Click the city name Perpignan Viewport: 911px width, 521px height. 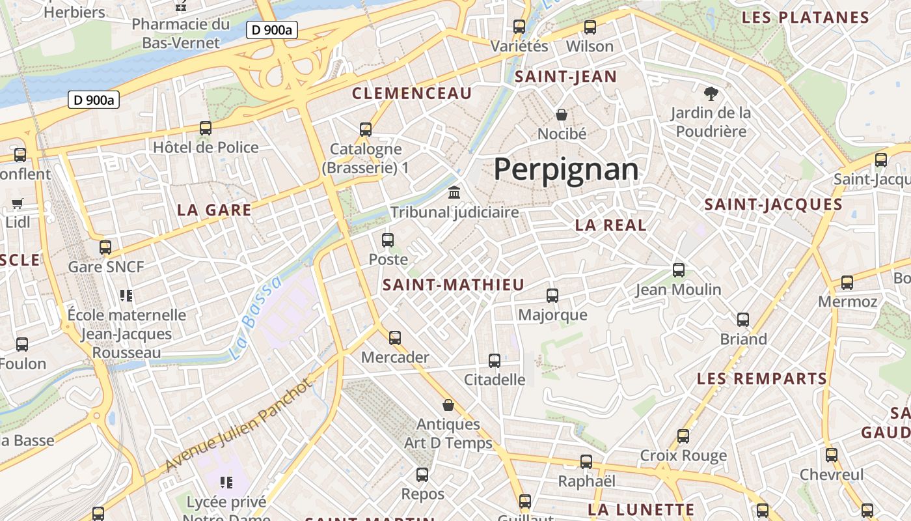click(x=565, y=169)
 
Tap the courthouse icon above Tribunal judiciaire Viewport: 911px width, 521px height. click(x=454, y=193)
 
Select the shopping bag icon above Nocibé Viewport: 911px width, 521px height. click(x=562, y=115)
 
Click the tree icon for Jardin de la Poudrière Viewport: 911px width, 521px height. click(x=711, y=94)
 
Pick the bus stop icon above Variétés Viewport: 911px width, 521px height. click(x=519, y=27)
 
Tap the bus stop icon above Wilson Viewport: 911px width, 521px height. click(x=590, y=27)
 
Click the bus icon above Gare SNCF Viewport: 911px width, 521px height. click(x=105, y=247)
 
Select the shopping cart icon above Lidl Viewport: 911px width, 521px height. click(x=18, y=203)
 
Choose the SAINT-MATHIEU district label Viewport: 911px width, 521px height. click(x=453, y=285)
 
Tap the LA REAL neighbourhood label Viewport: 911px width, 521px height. click(x=610, y=225)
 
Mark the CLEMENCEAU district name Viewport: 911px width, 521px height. click(x=412, y=93)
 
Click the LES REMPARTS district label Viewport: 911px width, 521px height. click(x=762, y=378)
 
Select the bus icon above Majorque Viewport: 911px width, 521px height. click(x=552, y=296)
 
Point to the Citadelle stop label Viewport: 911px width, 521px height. click(x=495, y=379)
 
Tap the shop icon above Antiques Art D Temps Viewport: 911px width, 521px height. click(x=448, y=405)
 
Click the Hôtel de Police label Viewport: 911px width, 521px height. click(x=206, y=147)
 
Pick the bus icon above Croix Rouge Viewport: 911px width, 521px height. click(x=683, y=436)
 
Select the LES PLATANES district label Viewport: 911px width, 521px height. click(x=806, y=18)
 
